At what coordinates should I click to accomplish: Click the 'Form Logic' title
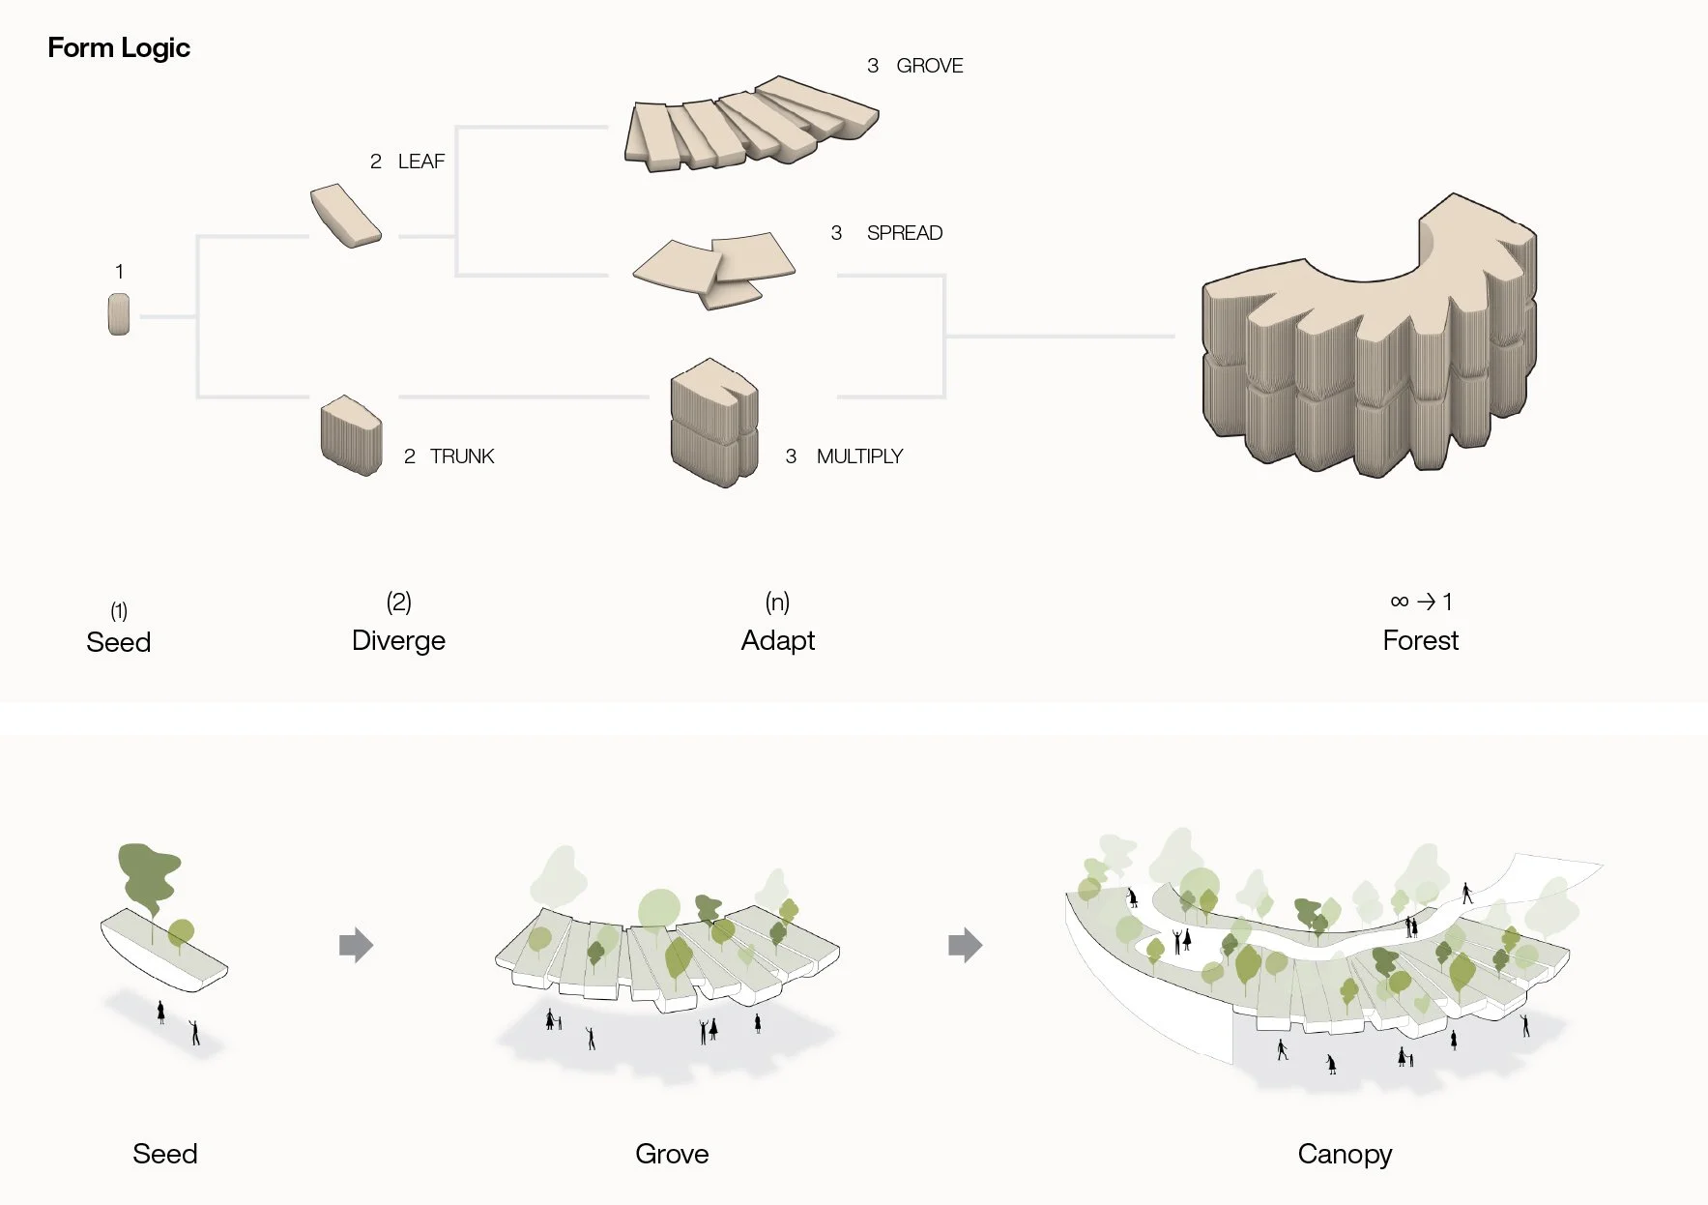click(x=119, y=47)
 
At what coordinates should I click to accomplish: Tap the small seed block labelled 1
click(x=119, y=315)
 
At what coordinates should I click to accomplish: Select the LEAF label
click(x=420, y=162)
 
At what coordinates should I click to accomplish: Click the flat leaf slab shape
click(x=345, y=216)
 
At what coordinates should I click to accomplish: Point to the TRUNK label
click(x=461, y=456)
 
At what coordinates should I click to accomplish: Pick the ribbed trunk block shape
click(x=351, y=435)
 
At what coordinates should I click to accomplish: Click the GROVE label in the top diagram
click(x=929, y=66)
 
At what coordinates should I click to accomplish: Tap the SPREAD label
click(x=904, y=233)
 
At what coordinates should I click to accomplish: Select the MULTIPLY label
click(x=859, y=456)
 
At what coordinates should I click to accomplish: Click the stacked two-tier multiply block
click(x=713, y=423)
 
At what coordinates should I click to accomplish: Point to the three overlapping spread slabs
click(x=716, y=268)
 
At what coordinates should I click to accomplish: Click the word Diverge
click(x=398, y=640)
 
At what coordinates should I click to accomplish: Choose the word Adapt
click(x=777, y=640)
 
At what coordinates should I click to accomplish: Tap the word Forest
click(x=1420, y=640)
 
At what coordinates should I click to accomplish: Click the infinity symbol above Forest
click(x=1399, y=602)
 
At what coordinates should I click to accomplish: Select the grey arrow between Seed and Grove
click(x=356, y=945)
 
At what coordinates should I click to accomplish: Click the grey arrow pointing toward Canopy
click(x=965, y=945)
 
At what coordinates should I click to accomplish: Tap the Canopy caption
click(x=1345, y=1154)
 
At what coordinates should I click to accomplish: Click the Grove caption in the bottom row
click(x=672, y=1154)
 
